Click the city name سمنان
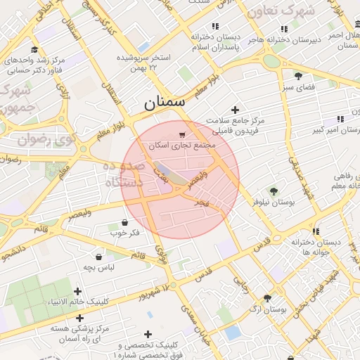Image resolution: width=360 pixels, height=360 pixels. tap(165, 103)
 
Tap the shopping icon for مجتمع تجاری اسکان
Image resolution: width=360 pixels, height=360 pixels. tap(183, 134)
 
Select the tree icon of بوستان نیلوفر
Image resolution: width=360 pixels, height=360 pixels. tap(274, 191)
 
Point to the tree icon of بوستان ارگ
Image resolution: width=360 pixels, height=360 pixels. tap(267, 298)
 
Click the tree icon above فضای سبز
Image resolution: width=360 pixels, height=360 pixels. tap(298, 76)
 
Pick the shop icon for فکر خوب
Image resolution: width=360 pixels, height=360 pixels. tap(114, 222)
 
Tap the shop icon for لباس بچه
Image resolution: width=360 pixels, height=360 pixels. tap(98, 257)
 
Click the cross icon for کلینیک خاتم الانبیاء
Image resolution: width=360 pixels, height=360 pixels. tap(77, 291)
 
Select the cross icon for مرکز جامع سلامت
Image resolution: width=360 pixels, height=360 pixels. tap(235, 110)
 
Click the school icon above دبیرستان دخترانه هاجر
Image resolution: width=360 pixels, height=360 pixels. tap(283, 29)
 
